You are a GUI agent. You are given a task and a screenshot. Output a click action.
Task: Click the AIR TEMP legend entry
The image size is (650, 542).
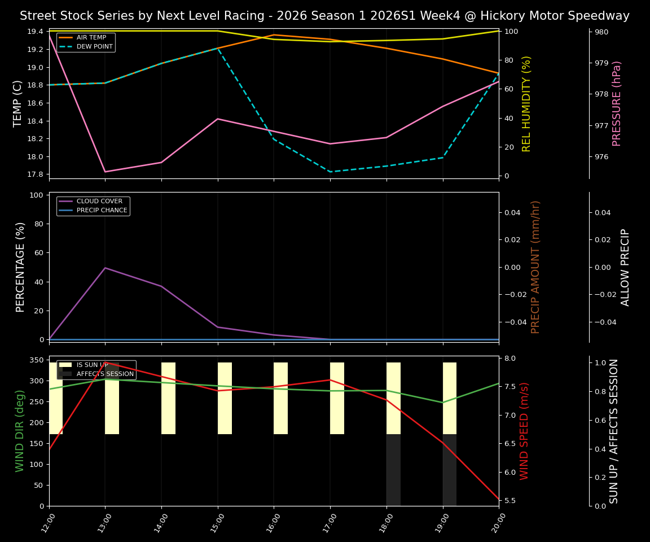91,38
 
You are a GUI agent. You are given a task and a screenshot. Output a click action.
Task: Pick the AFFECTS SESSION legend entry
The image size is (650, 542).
105,374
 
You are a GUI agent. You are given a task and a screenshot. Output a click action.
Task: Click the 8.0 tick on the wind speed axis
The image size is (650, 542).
510,359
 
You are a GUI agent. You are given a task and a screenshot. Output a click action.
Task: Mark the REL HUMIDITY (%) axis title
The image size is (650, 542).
526,103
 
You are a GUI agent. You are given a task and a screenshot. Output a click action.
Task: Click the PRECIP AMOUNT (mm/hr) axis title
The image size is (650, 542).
535,266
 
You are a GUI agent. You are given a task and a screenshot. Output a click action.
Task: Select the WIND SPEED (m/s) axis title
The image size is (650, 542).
524,431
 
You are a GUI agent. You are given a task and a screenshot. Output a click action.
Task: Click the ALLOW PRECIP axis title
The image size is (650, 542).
625,267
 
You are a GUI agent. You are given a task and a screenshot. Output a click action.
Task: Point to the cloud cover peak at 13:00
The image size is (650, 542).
105,268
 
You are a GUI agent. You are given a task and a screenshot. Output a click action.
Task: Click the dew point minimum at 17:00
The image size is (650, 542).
330,172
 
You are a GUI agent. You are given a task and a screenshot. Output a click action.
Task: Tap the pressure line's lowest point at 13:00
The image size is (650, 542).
105,172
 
